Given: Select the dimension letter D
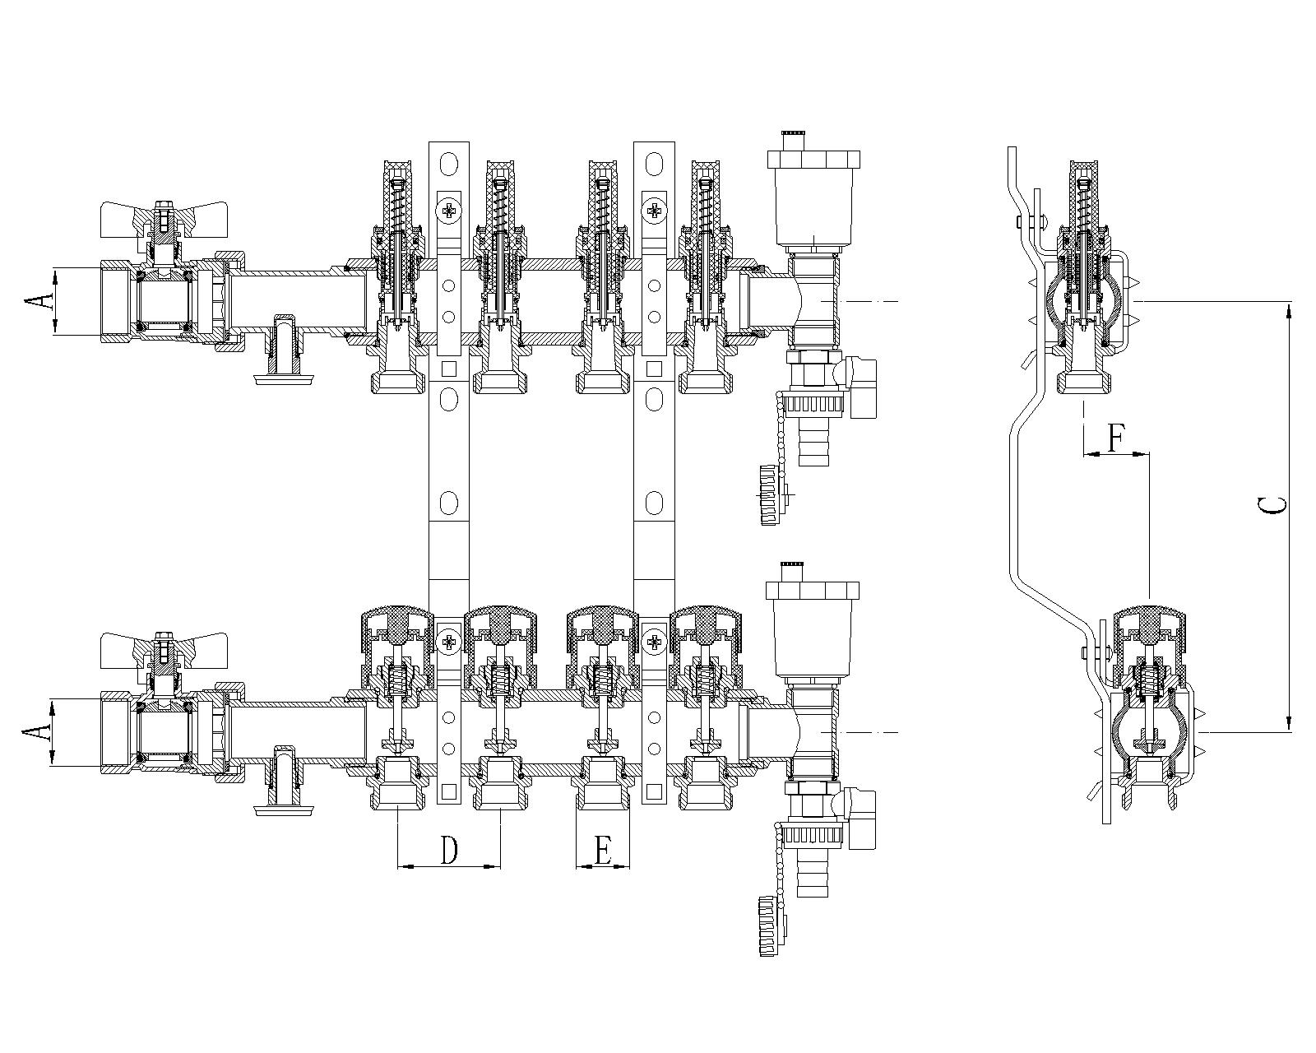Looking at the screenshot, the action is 449,851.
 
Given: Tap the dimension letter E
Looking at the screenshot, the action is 603,851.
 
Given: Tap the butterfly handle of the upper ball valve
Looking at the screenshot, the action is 164,220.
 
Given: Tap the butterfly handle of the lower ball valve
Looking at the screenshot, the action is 164,651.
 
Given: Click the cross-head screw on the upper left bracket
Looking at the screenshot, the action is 449,211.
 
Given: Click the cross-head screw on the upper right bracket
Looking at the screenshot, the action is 655,211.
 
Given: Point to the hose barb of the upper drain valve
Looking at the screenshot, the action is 812,441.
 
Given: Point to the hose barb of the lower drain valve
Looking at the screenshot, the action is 812,871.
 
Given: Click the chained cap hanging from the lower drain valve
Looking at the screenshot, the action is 773,926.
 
